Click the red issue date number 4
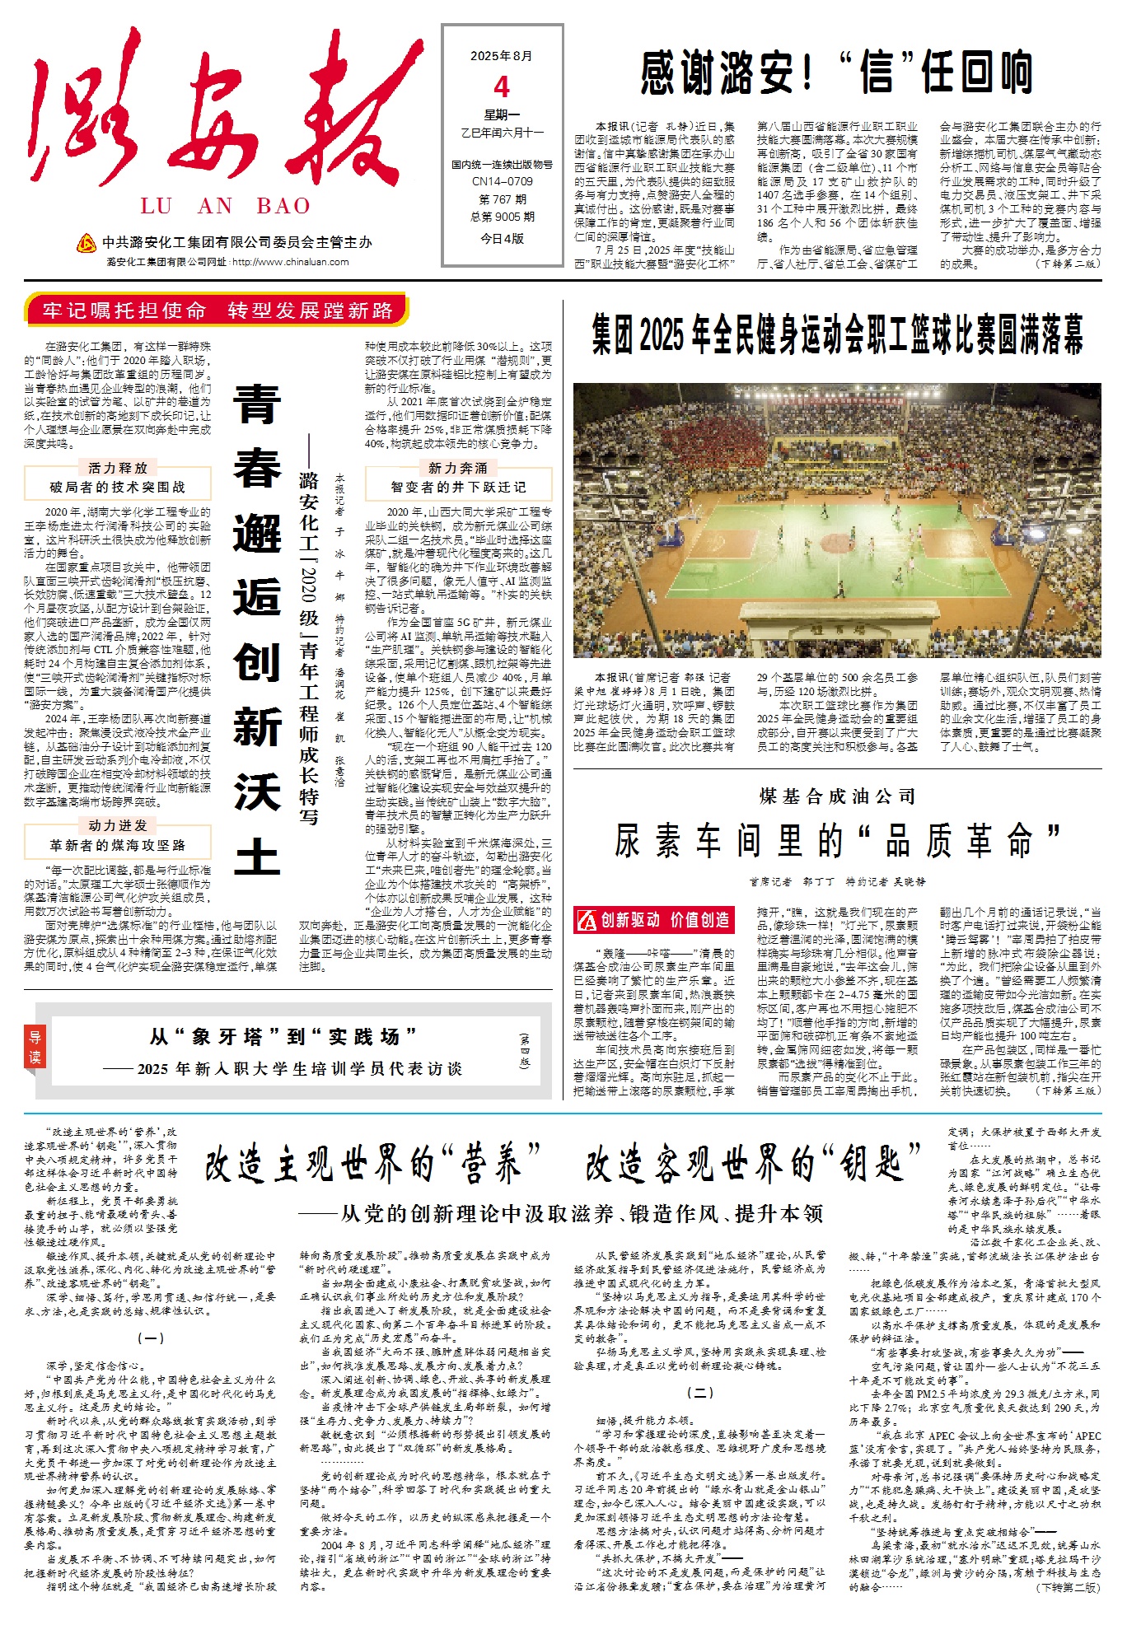[x=502, y=86]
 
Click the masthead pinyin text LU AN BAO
[x=225, y=206]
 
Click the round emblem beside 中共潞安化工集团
[x=86, y=243]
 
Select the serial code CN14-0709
[x=502, y=181]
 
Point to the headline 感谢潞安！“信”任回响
[x=836, y=72]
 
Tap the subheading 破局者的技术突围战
[x=118, y=487]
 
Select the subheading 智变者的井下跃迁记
[x=458, y=487]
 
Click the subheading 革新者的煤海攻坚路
[x=118, y=844]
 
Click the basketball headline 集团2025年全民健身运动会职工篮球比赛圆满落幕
[x=837, y=334]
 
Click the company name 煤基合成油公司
[x=837, y=796]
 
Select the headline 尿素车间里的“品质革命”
[x=837, y=841]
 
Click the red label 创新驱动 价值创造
[x=653, y=919]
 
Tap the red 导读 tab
[x=35, y=1047]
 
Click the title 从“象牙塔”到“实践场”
[x=283, y=1036]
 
